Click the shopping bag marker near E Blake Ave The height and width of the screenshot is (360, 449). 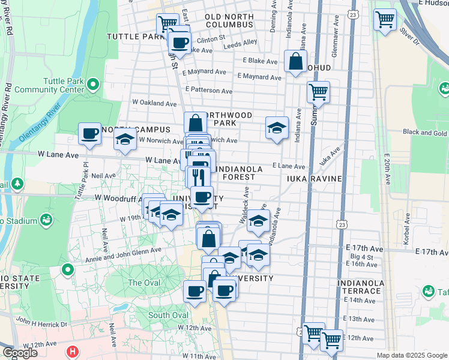coord(295,61)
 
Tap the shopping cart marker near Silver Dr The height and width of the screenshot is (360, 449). coord(385,19)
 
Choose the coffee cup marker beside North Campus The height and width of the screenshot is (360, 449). coord(90,133)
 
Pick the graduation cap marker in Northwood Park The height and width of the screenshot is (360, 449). coord(277,128)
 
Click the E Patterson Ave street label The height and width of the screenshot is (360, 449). coord(208,91)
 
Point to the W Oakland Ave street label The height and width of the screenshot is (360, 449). coord(154,103)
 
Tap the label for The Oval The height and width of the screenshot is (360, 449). coord(143,283)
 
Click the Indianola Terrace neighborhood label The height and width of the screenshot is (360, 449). coord(360,287)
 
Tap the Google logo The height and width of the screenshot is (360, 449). coord(20,352)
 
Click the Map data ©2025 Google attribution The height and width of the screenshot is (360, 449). coord(411,355)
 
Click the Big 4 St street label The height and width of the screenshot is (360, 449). coord(361,257)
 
